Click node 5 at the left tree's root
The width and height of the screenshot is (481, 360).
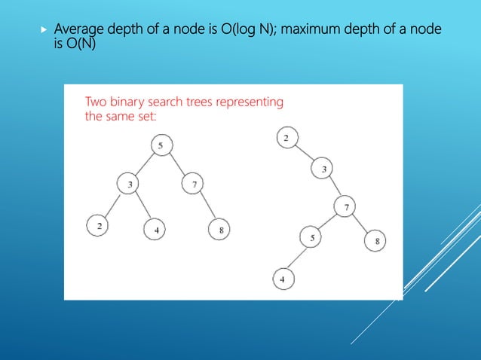pyautogui.click(x=161, y=145)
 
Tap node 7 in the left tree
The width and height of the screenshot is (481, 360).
pyautogui.click(x=193, y=183)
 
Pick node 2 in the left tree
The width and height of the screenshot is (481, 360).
pyautogui.click(x=98, y=225)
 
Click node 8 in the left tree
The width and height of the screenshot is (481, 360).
pyautogui.click(x=219, y=230)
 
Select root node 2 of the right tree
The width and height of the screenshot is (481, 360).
pyautogui.click(x=287, y=138)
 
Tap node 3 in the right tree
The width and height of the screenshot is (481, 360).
pyautogui.click(x=323, y=169)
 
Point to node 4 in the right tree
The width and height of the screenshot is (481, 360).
pyautogui.click(x=283, y=279)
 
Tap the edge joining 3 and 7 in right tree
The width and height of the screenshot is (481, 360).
pyautogui.click(x=333, y=187)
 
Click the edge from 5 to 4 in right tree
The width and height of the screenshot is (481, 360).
pyautogui.click(x=297, y=258)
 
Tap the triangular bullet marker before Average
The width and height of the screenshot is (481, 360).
pyautogui.click(x=43, y=30)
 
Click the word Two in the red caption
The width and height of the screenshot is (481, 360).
pyautogui.click(x=95, y=102)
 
